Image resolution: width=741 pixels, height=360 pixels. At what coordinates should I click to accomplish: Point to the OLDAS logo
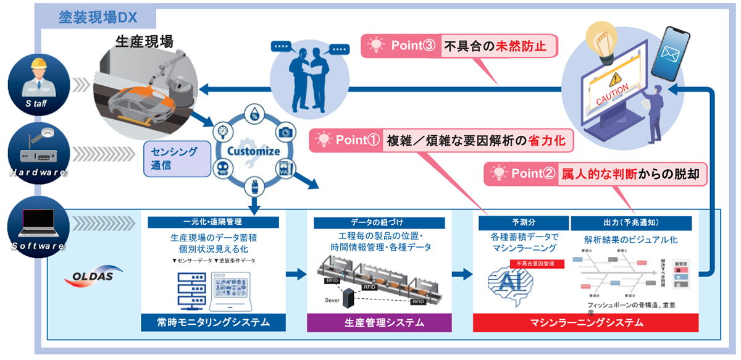pos(89,275)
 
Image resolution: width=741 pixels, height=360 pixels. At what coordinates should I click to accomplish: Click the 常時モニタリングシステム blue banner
pos(205,322)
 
